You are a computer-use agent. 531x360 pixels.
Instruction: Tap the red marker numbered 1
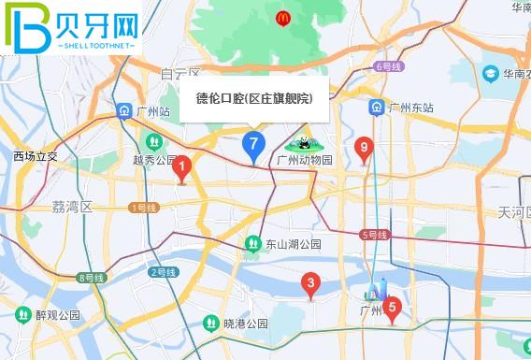[182, 168]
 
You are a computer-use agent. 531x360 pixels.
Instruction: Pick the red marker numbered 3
[311, 283]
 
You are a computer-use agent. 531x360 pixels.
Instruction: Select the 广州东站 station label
[411, 108]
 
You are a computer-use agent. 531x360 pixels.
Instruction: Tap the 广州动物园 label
[305, 160]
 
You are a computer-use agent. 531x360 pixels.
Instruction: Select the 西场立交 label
[36, 156]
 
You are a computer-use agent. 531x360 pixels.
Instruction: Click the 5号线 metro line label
[374, 234]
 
